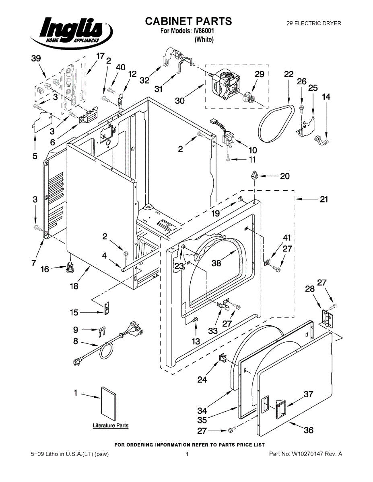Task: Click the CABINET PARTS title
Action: tap(188, 21)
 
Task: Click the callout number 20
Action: tap(285, 176)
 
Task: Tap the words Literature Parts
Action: tap(111, 425)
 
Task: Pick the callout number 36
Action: tap(308, 430)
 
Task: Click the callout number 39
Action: tap(36, 59)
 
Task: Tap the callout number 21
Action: tap(324, 199)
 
